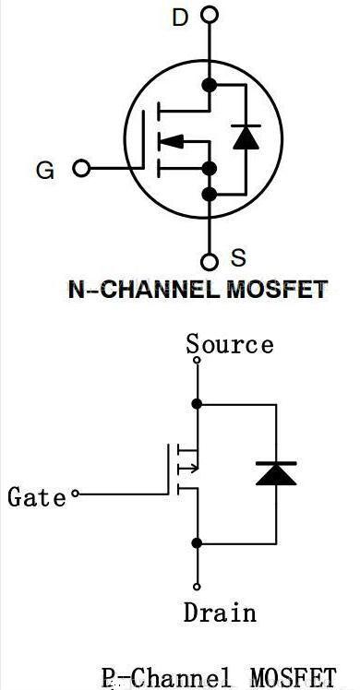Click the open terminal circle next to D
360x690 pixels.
(210, 15)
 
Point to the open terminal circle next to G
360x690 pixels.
(81, 169)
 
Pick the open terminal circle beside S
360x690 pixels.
(210, 260)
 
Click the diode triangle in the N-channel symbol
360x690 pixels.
(245, 137)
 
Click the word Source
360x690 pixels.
(230, 345)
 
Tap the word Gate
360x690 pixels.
(37, 497)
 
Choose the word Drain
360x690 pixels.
(220, 612)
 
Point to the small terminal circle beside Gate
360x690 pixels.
(76, 495)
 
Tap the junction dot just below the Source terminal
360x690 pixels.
(197, 403)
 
